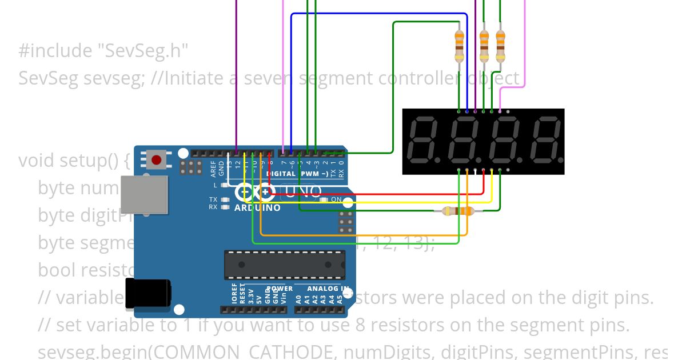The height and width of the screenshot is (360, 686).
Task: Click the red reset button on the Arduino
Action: pos(156,158)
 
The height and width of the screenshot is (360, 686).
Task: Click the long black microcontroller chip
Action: pos(285,265)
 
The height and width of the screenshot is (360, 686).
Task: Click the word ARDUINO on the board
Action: pos(257,208)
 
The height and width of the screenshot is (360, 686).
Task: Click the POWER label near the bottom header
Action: pos(280,289)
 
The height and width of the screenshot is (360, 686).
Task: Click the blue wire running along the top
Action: pos(377,13)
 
